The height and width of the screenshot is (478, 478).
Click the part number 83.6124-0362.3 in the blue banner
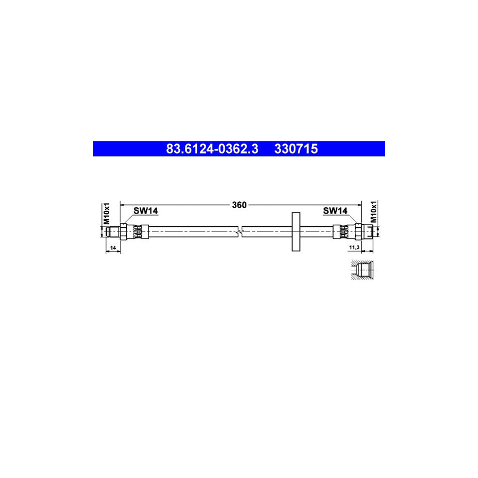(x=212, y=149)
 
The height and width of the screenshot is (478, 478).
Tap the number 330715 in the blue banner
(x=296, y=149)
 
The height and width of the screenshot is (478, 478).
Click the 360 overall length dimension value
(x=240, y=204)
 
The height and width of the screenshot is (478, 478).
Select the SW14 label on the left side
(x=146, y=211)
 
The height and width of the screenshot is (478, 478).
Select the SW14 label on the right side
(x=335, y=211)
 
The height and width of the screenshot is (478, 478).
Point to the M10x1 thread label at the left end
(x=106, y=212)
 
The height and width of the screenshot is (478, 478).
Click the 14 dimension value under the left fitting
(x=113, y=248)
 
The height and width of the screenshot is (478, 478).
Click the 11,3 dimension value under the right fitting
(x=355, y=248)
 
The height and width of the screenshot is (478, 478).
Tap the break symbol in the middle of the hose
(x=241, y=231)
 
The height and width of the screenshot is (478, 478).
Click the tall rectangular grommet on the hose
(x=296, y=231)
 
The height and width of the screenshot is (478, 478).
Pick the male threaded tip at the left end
(x=113, y=231)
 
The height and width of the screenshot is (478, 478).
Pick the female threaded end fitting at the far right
(x=367, y=231)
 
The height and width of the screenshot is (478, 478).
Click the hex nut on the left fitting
(x=123, y=231)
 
